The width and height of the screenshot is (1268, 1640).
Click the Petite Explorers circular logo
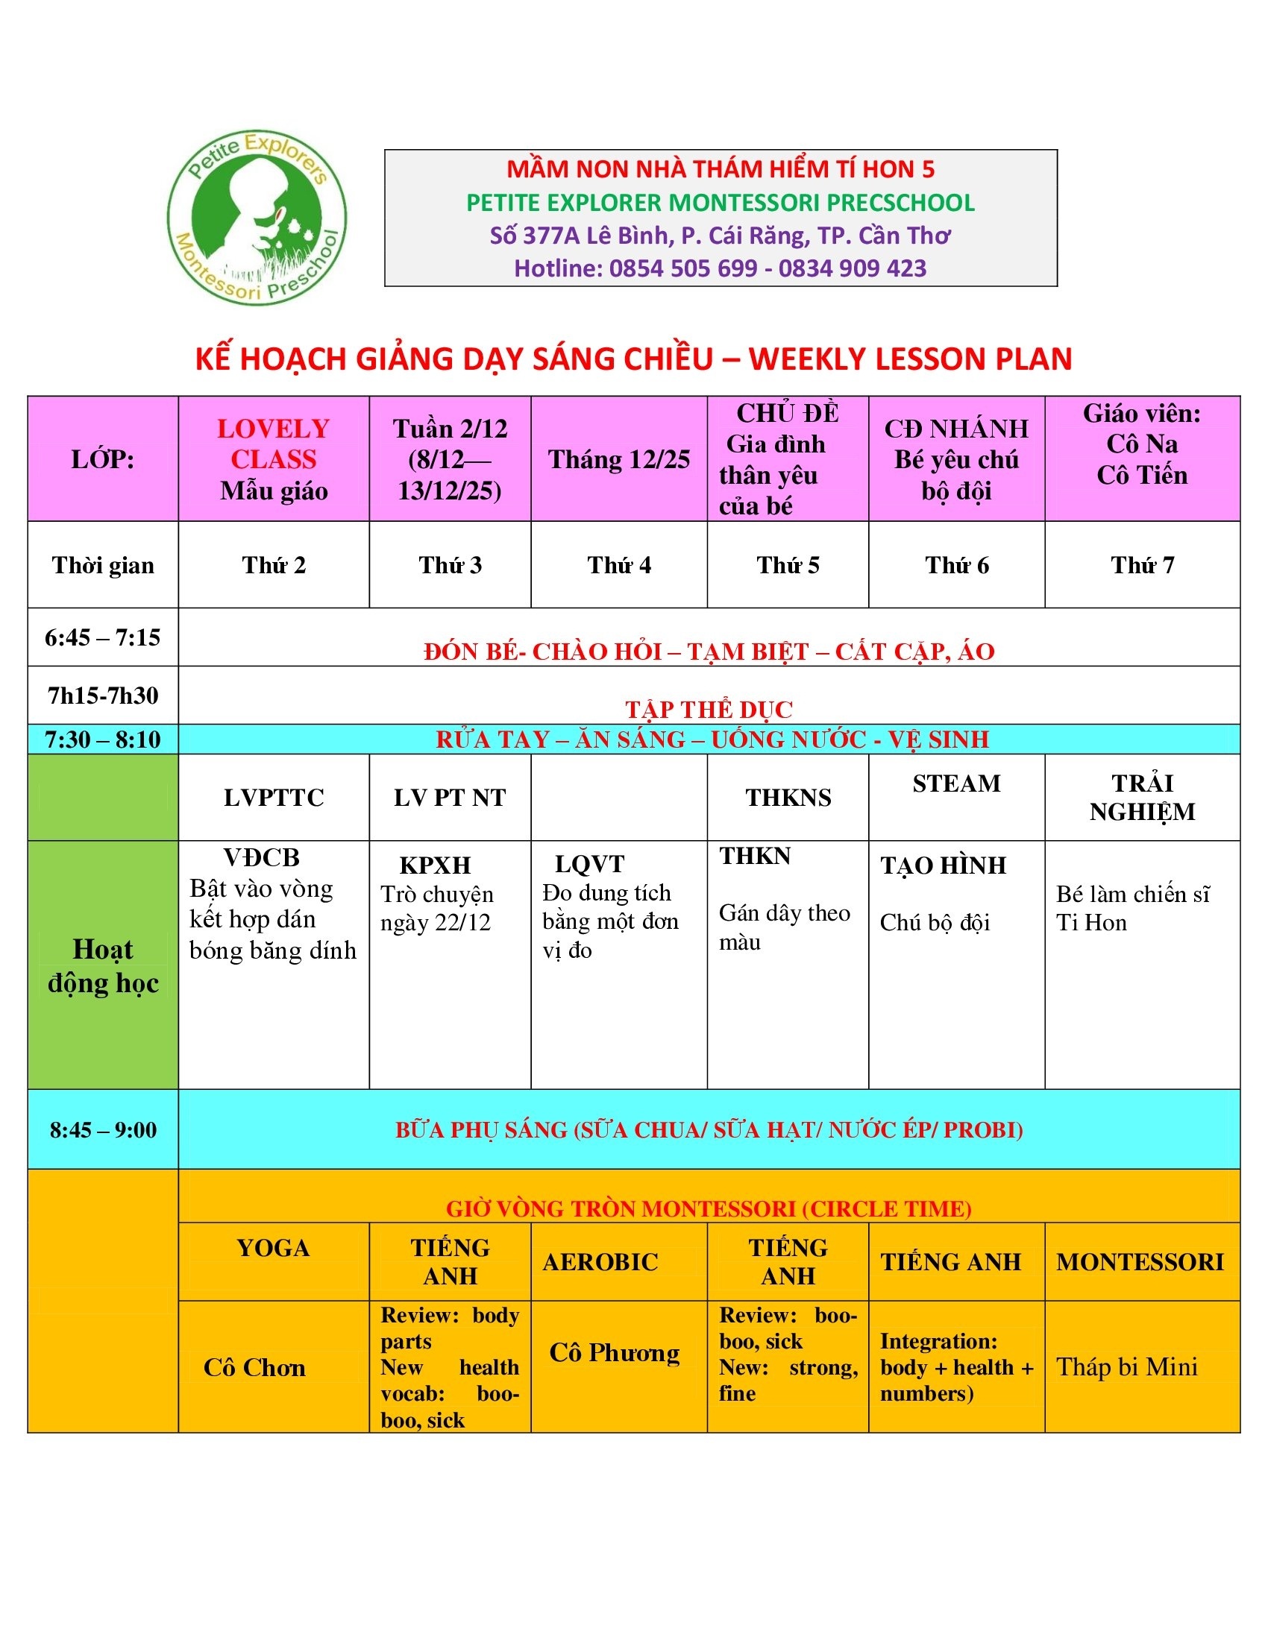(x=256, y=217)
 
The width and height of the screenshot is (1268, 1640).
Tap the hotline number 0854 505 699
(x=682, y=268)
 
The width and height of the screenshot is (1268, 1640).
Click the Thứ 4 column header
(x=619, y=565)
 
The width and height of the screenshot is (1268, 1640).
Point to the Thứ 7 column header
(x=1142, y=565)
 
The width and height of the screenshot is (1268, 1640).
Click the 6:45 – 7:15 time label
(x=103, y=637)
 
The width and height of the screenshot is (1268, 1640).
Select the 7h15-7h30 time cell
(x=103, y=696)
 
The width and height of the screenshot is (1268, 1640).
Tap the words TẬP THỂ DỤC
(x=709, y=709)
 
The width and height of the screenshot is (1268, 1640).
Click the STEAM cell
(x=956, y=784)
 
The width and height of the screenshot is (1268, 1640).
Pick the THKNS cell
(x=788, y=798)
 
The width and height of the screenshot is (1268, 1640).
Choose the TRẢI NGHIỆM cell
(x=1142, y=798)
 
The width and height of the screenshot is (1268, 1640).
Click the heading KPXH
(x=435, y=865)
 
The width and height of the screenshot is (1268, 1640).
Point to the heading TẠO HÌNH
(x=943, y=865)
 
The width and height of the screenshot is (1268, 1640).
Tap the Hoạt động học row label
(x=103, y=965)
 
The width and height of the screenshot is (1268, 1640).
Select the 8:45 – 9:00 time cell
(x=103, y=1129)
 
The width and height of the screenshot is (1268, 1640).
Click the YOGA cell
(x=274, y=1247)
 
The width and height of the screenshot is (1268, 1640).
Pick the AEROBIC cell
(x=600, y=1261)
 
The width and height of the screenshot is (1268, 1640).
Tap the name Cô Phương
(x=615, y=1352)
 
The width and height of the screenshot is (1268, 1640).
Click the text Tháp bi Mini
(x=1127, y=1366)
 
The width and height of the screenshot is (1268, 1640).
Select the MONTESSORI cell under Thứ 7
(x=1140, y=1261)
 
